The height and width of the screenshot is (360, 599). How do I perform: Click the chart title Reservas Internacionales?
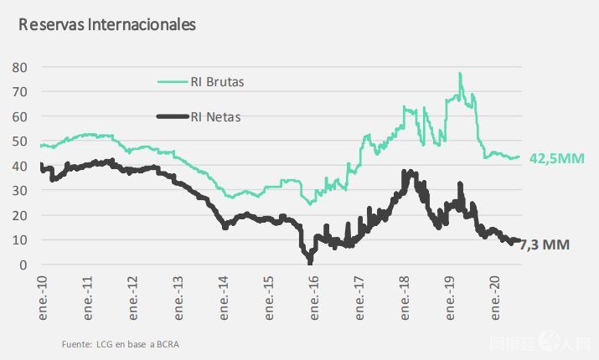click(x=107, y=24)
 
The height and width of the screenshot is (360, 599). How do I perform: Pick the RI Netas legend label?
click(x=216, y=117)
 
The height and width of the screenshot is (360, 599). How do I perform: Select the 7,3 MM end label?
click(x=546, y=245)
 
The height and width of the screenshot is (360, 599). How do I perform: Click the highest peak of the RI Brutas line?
click(x=460, y=74)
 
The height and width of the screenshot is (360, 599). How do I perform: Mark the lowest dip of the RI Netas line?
click(x=310, y=263)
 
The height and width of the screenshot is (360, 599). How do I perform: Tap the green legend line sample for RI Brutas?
click(x=173, y=82)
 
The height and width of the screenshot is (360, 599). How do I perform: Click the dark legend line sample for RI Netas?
click(x=173, y=117)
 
